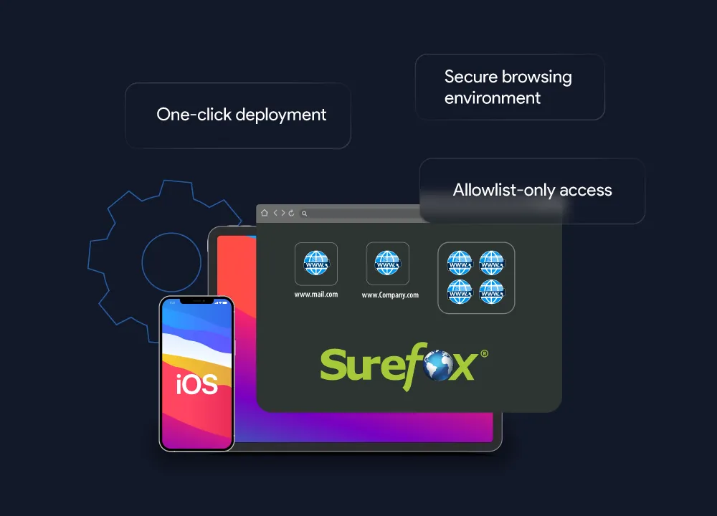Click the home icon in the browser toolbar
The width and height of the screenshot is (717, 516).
coord(265,213)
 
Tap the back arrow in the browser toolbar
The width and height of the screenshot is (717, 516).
coord(275,213)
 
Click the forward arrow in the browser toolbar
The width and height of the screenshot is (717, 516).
coord(283,213)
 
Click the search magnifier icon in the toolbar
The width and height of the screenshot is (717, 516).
coord(304,214)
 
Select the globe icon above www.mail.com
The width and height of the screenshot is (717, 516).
coord(316,263)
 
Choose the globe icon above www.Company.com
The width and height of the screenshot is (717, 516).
coord(387,263)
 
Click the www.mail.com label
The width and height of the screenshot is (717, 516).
coord(316,295)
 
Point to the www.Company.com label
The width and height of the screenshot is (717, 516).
coord(390,295)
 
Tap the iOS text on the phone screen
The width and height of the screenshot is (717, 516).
coord(196,384)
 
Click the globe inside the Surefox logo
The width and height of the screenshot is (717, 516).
coord(439,365)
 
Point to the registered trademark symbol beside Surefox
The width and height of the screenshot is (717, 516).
coord(484,353)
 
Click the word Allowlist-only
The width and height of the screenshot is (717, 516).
coord(504,190)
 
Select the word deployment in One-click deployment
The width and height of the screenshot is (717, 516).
coord(281,115)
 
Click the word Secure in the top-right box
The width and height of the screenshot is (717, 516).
coord(471,77)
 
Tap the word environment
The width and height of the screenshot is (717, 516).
coord(493,97)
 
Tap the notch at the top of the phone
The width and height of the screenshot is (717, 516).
coord(196,301)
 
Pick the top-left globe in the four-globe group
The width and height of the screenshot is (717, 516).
coord(460,263)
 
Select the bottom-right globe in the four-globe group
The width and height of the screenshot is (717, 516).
coord(492,292)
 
